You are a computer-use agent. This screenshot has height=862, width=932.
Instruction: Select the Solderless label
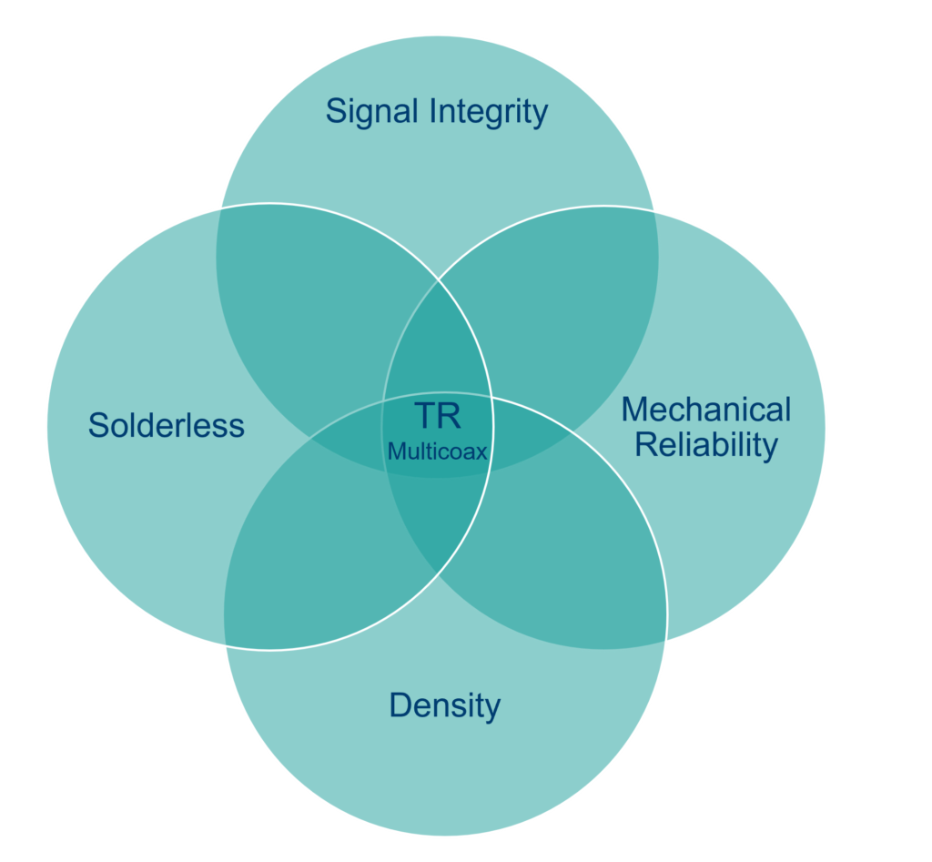(167, 425)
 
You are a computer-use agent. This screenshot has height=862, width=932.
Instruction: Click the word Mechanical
(706, 410)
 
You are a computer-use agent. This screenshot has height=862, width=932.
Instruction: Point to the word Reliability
(706, 445)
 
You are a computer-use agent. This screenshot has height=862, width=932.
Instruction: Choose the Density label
(445, 705)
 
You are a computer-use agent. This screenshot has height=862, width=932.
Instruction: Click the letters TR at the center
(438, 416)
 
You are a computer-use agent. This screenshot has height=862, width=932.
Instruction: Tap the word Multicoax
(438, 451)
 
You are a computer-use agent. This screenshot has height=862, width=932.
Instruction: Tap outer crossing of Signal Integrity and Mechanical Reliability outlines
(655, 211)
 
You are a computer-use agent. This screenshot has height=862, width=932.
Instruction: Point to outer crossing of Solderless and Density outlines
(223, 644)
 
